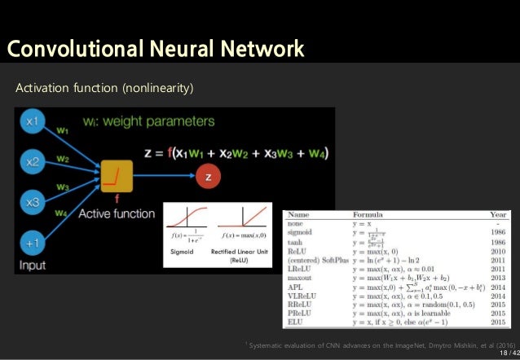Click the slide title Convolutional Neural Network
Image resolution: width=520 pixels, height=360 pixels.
pos(156,50)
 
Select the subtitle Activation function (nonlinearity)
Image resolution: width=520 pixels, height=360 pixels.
pos(104,86)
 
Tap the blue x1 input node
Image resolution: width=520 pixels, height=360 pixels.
pos(33,121)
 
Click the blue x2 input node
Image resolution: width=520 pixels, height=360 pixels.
pos(33,162)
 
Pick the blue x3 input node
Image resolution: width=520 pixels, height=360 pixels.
pos(33,202)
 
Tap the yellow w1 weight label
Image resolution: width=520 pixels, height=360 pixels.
pos(63,127)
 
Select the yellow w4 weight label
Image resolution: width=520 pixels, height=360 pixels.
pos(63,214)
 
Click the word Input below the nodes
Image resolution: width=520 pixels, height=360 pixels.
pos(33,265)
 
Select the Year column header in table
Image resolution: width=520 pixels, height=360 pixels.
pos(499,217)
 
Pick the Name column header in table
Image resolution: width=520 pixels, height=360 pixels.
pos(299,217)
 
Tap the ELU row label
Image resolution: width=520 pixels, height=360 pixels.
pos(297,323)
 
